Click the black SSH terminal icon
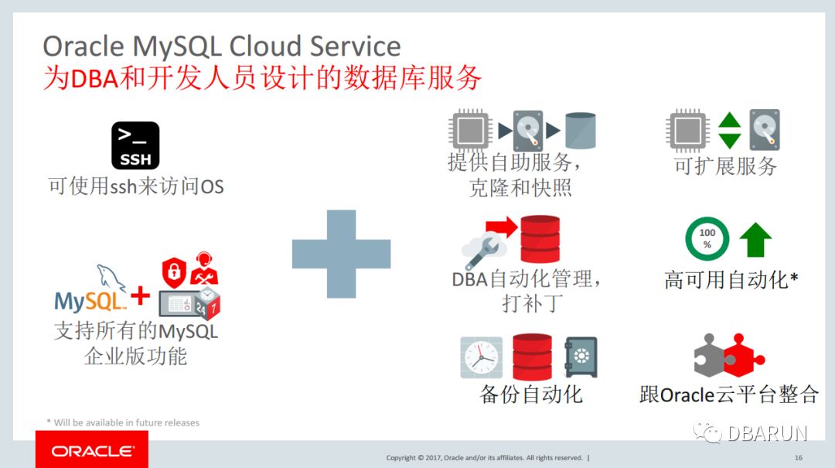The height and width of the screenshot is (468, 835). click(x=135, y=145)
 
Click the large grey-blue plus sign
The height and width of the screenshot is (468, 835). click(x=341, y=254)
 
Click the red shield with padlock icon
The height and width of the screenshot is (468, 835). click(x=174, y=270)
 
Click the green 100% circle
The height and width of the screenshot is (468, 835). click(x=707, y=238)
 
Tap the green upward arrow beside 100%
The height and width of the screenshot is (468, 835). click(x=755, y=240)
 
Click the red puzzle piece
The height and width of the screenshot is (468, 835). click(x=743, y=356)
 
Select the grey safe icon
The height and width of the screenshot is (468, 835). click(x=581, y=357)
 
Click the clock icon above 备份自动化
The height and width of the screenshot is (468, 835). click(x=481, y=357)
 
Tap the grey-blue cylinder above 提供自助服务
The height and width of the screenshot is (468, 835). click(x=580, y=131)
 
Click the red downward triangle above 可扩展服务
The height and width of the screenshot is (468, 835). click(x=729, y=141)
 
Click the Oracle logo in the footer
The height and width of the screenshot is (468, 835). click(x=92, y=450)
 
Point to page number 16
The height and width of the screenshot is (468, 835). click(x=799, y=457)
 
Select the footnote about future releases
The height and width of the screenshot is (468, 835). click(x=124, y=422)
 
